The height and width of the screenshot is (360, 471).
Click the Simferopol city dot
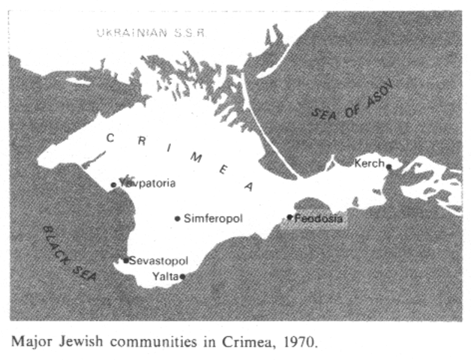tap(178, 219)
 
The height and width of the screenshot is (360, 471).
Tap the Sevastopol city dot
tap(126, 260)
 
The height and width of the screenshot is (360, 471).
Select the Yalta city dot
tap(182, 276)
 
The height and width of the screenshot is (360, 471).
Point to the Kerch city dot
tap(388, 166)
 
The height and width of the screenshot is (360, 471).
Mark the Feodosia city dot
tap(290, 217)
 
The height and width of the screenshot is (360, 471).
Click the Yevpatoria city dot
tap(114, 184)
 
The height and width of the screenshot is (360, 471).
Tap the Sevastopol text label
tap(157, 261)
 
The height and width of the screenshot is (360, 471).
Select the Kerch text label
tap(369, 163)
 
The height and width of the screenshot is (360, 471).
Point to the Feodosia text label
tap(319, 219)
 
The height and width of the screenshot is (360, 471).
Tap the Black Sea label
tap(70, 253)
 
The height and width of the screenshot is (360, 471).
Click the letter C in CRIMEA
tap(109, 136)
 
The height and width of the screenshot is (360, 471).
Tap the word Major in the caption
tap(28, 343)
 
